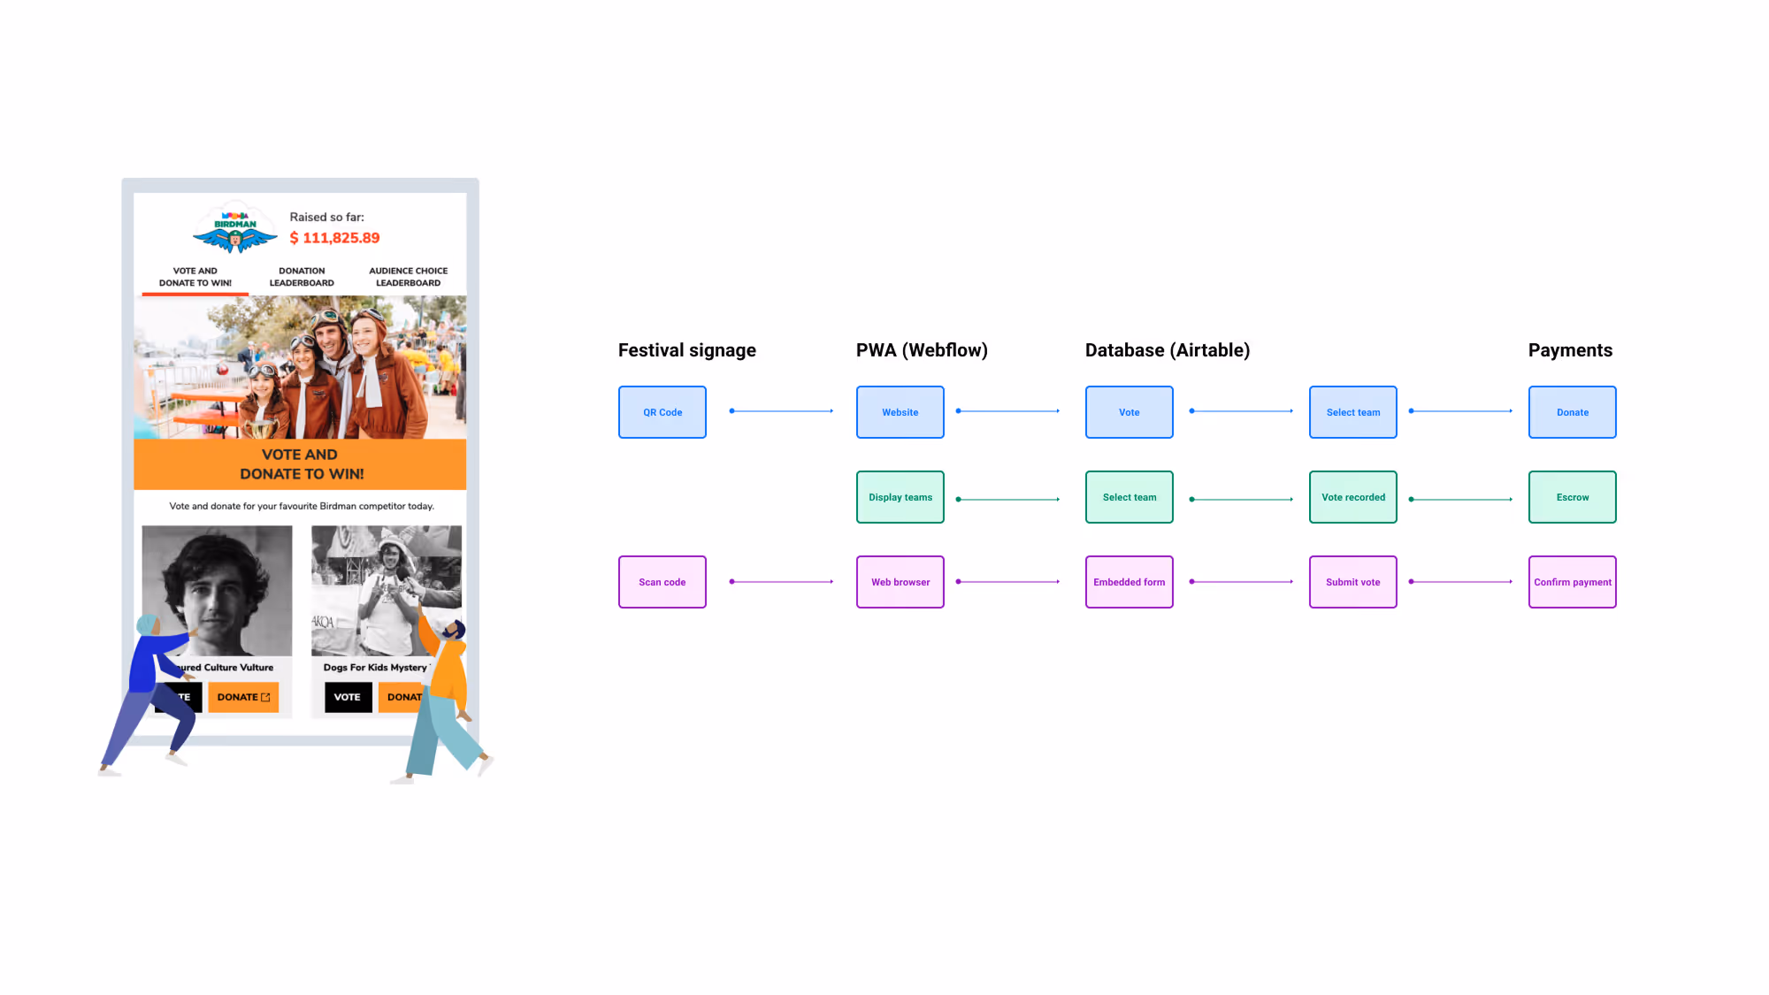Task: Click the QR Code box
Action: click(662, 412)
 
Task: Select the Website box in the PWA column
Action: click(900, 412)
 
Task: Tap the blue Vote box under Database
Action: click(1129, 412)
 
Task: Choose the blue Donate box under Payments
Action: click(1572, 412)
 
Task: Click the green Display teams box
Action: click(900, 497)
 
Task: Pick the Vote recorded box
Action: click(1352, 497)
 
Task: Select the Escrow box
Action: click(1572, 497)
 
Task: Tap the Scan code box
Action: click(662, 582)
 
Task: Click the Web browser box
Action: click(900, 582)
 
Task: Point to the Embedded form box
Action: click(1129, 582)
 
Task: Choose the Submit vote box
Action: click(1352, 582)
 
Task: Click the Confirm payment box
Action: click(1572, 582)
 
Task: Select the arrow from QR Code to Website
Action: click(781, 411)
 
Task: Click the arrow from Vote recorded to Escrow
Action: click(1460, 500)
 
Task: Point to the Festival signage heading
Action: click(686, 350)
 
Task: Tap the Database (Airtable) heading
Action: click(1167, 350)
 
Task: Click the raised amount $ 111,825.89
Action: click(334, 238)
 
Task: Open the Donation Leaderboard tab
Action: click(302, 277)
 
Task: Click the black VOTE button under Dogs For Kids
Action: click(347, 697)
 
